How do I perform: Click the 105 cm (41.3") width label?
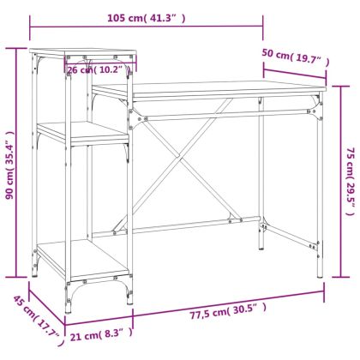[x=145, y=17]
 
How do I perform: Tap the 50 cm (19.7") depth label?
[x=296, y=59]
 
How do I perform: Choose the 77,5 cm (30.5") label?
[x=219, y=309]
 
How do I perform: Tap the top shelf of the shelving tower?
[x=81, y=54]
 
